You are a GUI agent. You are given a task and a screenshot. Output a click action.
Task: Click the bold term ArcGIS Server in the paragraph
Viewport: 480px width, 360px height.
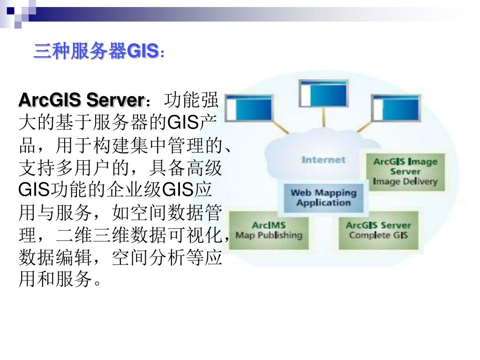(x=80, y=100)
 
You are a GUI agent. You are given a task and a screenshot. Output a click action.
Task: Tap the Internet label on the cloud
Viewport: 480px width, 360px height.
(x=323, y=160)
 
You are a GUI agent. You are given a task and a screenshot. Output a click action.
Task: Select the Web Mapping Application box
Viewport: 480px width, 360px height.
(x=323, y=197)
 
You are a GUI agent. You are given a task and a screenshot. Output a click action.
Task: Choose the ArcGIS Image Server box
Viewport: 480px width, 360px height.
(x=405, y=172)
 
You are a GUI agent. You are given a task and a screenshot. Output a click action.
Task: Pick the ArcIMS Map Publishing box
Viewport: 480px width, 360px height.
(x=269, y=230)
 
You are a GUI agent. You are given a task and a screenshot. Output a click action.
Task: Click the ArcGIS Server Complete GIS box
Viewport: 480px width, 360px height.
(x=378, y=230)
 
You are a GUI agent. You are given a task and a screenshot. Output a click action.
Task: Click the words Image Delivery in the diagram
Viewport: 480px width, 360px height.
(x=405, y=181)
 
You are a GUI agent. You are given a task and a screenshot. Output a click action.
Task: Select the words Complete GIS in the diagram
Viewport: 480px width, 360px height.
(x=378, y=235)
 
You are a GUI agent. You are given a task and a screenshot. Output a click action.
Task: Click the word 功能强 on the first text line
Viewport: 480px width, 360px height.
(x=189, y=100)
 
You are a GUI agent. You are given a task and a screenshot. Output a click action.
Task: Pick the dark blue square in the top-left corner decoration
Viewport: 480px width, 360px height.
(x=10, y=9)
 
